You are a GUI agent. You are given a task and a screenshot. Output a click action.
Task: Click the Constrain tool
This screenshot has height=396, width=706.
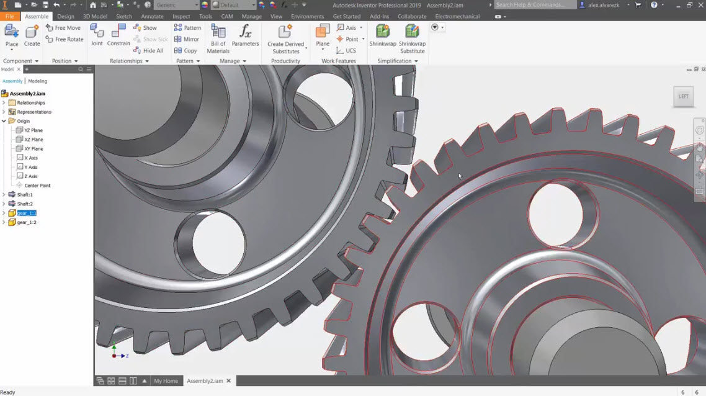tap(118, 35)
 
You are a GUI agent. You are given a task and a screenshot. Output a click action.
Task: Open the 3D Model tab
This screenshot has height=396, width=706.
tap(95, 17)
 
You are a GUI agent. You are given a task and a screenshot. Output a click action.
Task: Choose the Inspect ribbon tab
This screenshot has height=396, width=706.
tap(181, 17)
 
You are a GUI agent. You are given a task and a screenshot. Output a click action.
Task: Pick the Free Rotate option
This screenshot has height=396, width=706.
tap(65, 39)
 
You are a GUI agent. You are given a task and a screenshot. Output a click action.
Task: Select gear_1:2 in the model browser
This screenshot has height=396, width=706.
tap(26, 222)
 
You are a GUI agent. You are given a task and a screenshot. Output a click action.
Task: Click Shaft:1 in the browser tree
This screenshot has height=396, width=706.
tap(25, 195)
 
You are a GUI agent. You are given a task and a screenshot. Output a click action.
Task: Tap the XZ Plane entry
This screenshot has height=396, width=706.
tap(34, 140)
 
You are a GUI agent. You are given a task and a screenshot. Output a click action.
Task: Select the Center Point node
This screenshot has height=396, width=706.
tap(37, 186)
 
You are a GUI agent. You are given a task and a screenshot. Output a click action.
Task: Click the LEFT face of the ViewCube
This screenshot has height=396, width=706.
tap(683, 96)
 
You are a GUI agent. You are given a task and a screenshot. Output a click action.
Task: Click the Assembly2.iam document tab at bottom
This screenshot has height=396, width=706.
tap(205, 380)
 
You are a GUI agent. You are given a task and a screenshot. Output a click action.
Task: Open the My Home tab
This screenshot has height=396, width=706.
tap(166, 380)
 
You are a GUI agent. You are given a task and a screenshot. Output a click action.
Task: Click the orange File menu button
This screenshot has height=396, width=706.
tap(9, 17)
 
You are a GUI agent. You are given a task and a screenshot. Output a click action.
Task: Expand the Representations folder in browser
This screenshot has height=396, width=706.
tap(4, 112)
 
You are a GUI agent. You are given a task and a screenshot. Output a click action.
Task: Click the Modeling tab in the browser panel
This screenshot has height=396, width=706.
tap(37, 81)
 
